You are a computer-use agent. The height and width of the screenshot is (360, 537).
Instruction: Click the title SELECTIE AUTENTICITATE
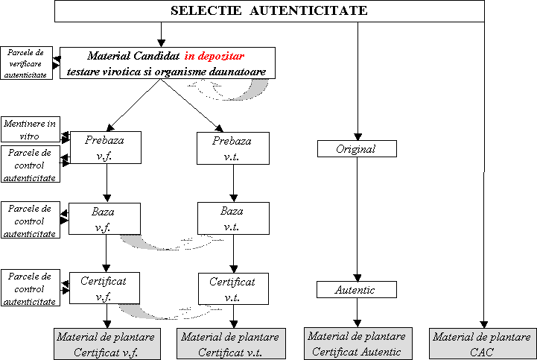click(269, 10)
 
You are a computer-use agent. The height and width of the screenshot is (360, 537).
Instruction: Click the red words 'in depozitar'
click(215, 56)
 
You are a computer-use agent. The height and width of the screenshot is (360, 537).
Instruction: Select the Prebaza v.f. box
click(106, 148)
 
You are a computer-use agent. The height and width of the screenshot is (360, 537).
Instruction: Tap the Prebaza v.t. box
click(233, 148)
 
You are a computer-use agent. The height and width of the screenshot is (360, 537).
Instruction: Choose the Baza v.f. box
click(104, 218)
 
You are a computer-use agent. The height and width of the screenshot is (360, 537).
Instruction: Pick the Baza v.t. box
click(233, 218)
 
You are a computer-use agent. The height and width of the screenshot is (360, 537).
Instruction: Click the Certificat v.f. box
click(104, 288)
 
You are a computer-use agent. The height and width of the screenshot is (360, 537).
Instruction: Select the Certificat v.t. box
click(233, 288)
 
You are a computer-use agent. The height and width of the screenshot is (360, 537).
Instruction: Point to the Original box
click(357, 149)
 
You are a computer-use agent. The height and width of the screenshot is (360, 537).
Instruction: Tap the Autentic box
click(357, 290)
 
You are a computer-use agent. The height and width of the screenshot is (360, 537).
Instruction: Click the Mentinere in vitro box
click(31, 129)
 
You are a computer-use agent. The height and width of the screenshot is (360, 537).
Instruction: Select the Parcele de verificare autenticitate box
click(26, 63)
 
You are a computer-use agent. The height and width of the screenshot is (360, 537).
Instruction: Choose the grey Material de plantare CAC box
click(483, 344)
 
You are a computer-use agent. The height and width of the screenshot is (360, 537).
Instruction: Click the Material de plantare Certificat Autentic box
click(358, 344)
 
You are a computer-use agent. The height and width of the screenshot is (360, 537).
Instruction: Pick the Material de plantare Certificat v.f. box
click(107, 344)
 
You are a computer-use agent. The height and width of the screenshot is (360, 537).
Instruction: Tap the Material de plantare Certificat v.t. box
click(231, 344)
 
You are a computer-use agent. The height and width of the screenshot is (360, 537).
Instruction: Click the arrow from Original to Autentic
click(358, 219)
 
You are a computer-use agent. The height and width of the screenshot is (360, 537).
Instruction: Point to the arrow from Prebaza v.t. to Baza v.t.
click(234, 183)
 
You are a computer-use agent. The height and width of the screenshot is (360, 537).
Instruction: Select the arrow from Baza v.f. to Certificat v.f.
click(107, 253)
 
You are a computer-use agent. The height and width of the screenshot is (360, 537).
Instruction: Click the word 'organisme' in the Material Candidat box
click(180, 72)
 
